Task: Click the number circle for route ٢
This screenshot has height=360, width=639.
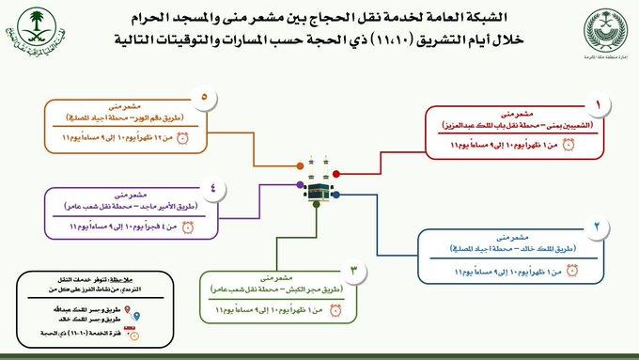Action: coord(597,227)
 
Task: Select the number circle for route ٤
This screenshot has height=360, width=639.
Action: coord(213,186)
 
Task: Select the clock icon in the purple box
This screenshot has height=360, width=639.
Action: coord(188,226)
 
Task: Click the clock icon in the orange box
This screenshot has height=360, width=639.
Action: coord(183,137)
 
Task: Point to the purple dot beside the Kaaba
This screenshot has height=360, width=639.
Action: coord(299,184)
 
